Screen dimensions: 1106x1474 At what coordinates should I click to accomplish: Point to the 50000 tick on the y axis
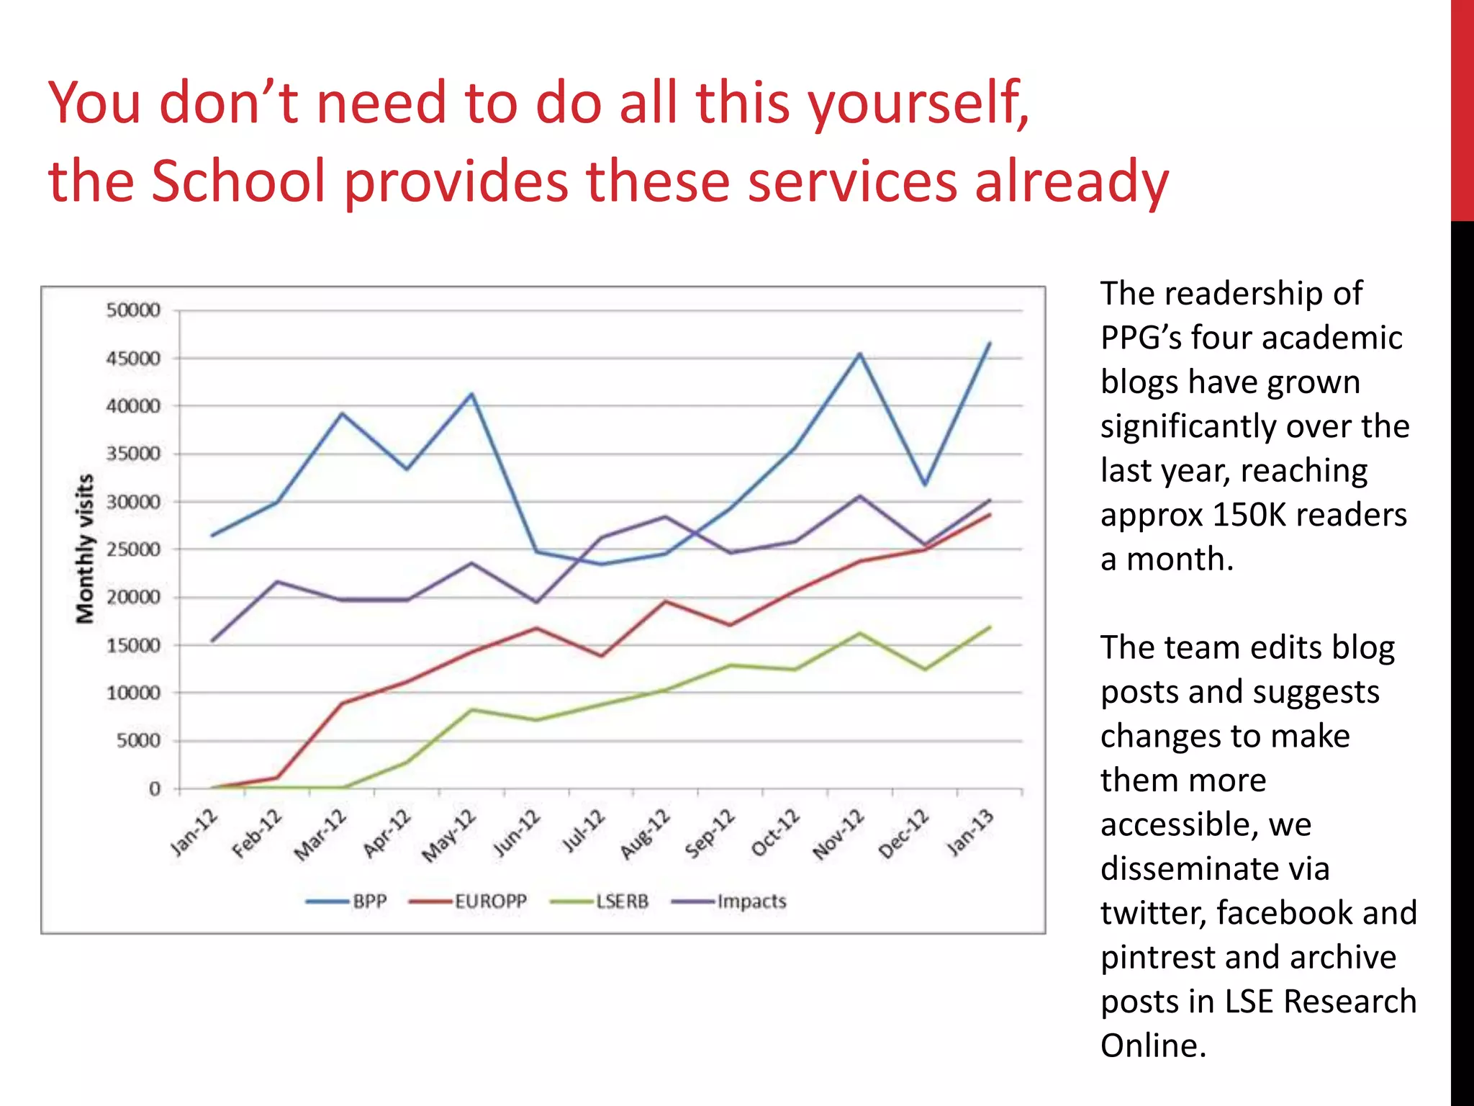click(x=133, y=310)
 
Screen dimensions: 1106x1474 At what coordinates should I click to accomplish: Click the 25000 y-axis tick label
click(x=133, y=549)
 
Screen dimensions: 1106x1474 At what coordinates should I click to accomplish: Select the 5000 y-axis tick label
click(x=138, y=741)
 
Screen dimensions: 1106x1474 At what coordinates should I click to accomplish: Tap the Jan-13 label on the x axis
click(x=971, y=832)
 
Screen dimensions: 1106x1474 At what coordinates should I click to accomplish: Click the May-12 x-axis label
click(x=449, y=835)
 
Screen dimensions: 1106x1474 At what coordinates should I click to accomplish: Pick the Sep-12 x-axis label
click(x=710, y=833)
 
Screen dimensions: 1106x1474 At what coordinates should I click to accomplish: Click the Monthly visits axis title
click(x=85, y=549)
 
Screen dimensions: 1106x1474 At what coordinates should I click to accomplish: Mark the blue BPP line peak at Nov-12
click(x=859, y=354)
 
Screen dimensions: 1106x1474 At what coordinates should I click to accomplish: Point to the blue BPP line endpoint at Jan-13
click(x=990, y=343)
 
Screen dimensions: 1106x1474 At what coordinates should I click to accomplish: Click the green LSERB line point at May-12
click(x=471, y=710)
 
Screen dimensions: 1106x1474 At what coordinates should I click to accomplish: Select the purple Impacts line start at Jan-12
click(x=212, y=640)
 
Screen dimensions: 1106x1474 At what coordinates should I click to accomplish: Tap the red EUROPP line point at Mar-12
click(x=343, y=703)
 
